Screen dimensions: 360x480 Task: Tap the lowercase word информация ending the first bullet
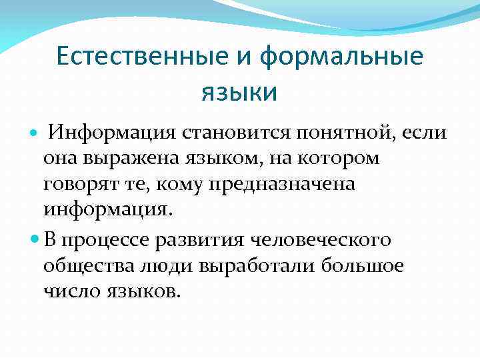click(107, 210)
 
